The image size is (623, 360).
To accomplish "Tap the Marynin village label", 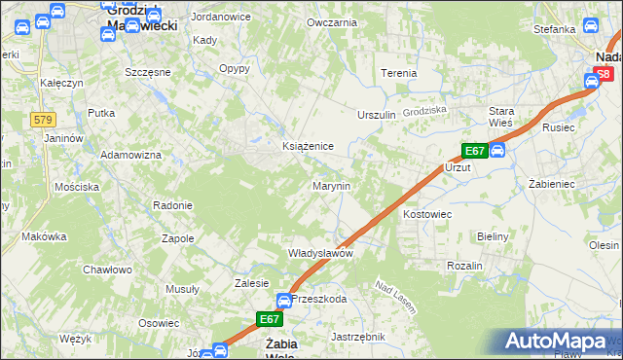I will pos(330,185).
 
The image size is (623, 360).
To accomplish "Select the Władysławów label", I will pos(319,253).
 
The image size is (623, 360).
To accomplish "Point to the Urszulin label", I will pos(377,115).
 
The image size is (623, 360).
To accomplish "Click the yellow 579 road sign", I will pos(42,119).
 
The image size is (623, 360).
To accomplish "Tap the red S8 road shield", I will pos(605,74).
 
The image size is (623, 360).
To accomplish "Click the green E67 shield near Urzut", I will pos(474,151).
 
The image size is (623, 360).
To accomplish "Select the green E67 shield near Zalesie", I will pos(270,318).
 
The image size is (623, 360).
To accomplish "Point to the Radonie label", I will pos(172,205).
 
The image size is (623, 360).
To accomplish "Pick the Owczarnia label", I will pos(327,21).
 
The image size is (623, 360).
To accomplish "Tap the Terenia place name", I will pos(398,73).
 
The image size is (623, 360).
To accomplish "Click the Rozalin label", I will pos(464,266).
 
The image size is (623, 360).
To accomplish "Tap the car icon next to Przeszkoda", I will pos(283,301).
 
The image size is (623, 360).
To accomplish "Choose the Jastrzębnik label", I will pos(358,336).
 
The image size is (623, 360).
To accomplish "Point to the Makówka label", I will pos(44,236).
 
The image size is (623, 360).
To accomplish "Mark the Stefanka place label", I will pos(555,29).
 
